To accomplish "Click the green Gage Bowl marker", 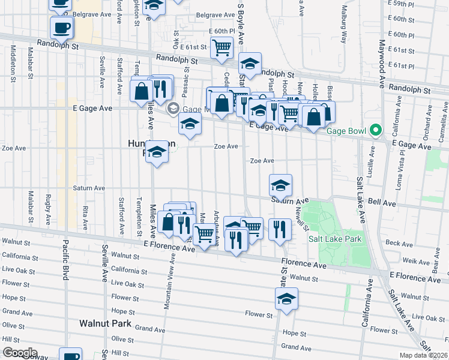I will [x=376, y=130].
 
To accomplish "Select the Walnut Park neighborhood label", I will [x=105, y=323].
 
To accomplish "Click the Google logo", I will [x=19, y=353].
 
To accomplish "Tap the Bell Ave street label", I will [x=382, y=203].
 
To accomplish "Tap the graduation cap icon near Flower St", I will [x=287, y=298].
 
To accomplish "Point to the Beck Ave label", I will [x=400, y=243].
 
